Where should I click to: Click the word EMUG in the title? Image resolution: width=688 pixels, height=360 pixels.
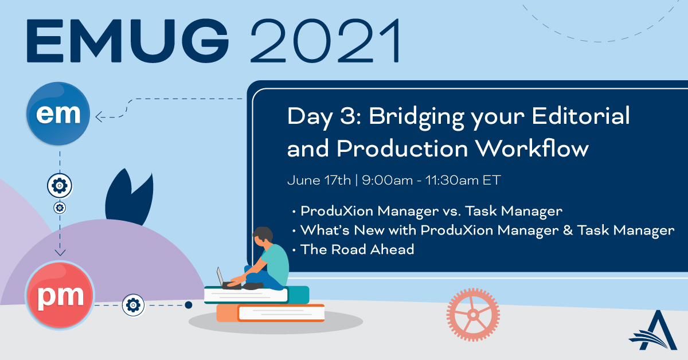point(127,41)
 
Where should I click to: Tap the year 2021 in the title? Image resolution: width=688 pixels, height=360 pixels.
point(326,41)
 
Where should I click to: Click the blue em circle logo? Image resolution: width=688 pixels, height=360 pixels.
point(58,114)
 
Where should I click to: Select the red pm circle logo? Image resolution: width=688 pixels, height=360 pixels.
point(60,295)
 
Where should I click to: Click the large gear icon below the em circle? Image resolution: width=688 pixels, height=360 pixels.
point(60,186)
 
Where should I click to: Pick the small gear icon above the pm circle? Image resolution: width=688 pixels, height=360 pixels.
point(60,208)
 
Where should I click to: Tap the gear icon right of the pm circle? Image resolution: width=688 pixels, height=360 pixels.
point(133,305)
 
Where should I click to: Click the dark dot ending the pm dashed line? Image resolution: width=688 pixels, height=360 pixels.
point(189,305)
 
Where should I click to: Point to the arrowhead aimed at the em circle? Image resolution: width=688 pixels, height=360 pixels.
point(99,117)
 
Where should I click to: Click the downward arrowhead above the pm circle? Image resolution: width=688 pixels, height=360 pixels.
point(60,252)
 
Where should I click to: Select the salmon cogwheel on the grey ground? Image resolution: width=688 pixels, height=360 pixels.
point(473,315)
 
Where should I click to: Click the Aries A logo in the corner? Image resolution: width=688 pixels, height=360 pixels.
point(654,331)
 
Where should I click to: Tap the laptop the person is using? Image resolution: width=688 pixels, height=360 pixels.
point(227,279)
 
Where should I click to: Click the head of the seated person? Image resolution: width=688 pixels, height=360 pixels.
point(263,236)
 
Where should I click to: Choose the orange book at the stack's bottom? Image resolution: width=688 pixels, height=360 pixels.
point(270,313)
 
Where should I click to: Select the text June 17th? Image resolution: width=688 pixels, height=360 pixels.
point(319,181)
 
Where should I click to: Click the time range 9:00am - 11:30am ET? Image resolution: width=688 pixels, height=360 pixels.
point(431,181)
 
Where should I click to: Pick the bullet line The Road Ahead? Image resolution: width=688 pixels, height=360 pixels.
point(357,250)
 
